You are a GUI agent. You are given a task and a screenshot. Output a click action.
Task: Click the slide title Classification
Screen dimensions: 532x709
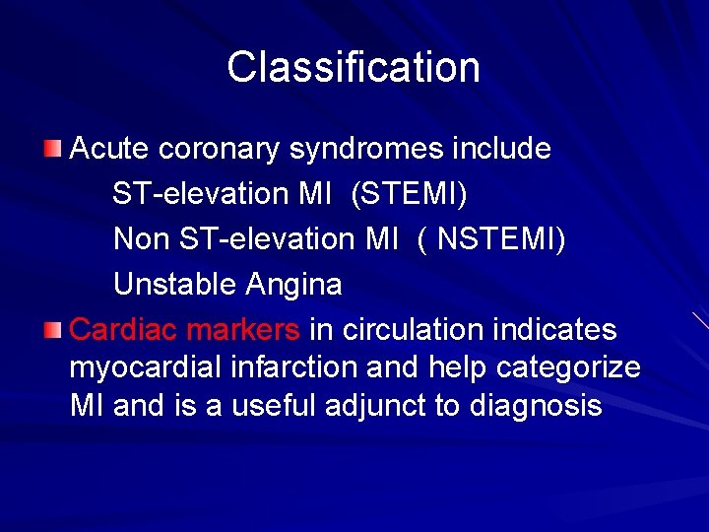pos(354,68)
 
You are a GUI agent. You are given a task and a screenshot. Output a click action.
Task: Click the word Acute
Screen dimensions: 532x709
pos(110,149)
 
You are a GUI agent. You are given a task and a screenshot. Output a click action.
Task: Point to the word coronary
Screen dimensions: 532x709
pos(220,149)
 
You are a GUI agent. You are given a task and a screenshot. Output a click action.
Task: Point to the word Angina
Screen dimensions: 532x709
pos(294,285)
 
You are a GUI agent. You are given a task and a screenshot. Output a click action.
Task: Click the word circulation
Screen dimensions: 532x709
pos(413,330)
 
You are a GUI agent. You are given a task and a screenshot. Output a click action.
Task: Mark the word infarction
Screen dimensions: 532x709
pos(295,367)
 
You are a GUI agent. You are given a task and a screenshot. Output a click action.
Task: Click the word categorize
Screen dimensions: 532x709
pos(568,367)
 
